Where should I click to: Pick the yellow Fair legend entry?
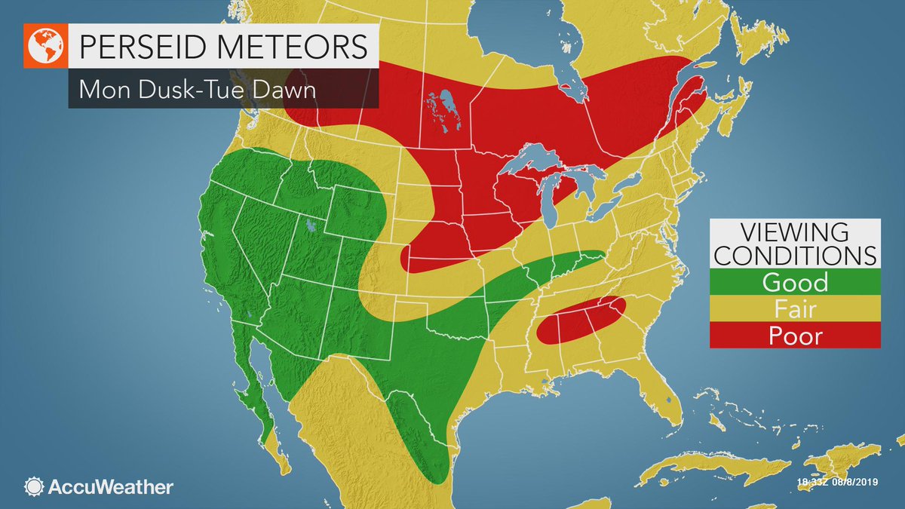click(x=795, y=308)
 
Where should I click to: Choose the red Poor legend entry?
click(x=795, y=335)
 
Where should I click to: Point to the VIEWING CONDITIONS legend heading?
click(x=795, y=243)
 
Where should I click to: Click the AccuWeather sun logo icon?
click(x=33, y=486)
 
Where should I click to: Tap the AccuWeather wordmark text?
click(x=109, y=486)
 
